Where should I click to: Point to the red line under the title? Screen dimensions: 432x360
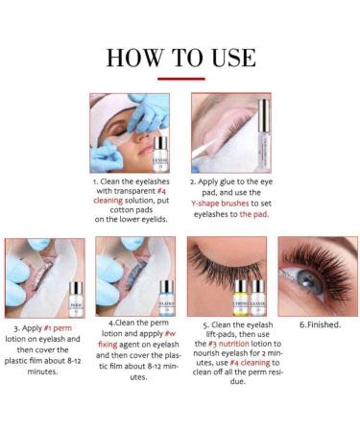(x=180, y=79)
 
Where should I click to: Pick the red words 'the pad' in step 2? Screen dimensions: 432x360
(x=253, y=214)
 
